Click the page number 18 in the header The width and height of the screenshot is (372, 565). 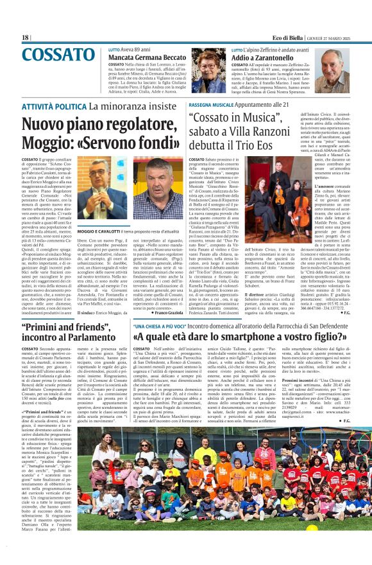point(26,38)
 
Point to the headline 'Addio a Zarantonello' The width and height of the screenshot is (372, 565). point(268,57)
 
